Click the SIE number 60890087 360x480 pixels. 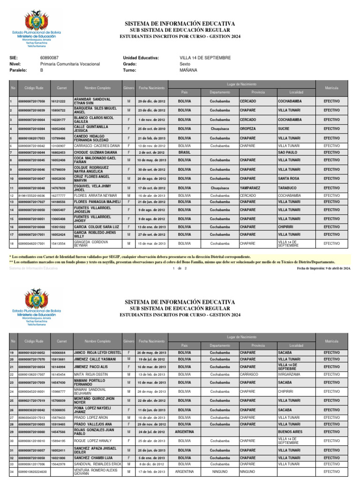coord(49,58)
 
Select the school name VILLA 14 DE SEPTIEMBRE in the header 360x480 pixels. coord(205,58)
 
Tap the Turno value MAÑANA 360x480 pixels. coord(188,70)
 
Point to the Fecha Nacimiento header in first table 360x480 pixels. coord(151,88)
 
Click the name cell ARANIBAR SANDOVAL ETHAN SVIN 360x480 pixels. coord(92,101)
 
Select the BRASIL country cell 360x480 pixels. coord(184,152)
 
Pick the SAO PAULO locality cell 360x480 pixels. coord(288,152)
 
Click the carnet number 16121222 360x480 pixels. coord(58,101)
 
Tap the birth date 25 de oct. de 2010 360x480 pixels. coord(151,128)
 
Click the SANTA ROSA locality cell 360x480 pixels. coord(290,179)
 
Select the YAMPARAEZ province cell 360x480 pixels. coord(252,187)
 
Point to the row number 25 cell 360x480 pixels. coord(11,401)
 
